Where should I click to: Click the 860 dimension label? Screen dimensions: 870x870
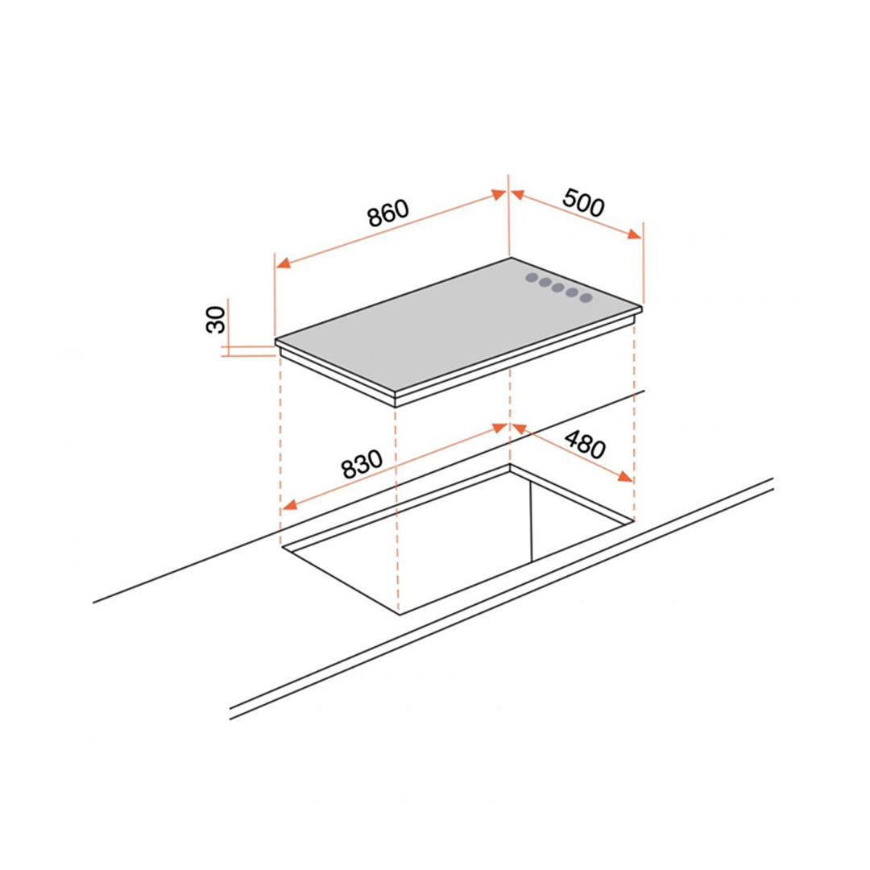coord(388,213)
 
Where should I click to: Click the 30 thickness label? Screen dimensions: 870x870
coord(217,320)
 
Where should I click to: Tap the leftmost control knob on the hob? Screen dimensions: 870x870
coord(532,277)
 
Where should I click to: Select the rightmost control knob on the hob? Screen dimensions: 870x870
coord(586,298)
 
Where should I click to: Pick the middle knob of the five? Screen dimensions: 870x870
coord(559,288)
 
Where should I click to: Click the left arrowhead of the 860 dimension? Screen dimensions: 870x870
coord(284,263)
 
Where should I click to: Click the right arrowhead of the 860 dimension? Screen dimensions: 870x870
coord(499,194)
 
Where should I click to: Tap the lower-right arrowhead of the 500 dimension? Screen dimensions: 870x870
coord(634,234)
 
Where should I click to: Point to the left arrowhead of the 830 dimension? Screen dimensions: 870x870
coord(290,504)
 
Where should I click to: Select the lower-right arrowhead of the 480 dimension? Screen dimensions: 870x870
coord(625,477)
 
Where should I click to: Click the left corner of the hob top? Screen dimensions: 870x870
coord(275,340)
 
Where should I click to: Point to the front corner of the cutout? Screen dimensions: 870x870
coord(399,615)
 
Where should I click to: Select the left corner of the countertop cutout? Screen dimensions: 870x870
coord(282,546)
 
